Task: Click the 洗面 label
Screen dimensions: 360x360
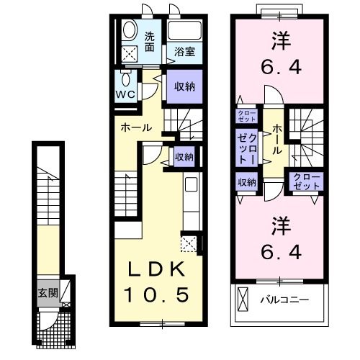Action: point(150,42)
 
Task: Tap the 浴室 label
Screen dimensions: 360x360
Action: point(184,52)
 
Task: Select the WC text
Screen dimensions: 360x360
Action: point(127,94)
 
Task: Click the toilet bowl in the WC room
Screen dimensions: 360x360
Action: point(127,78)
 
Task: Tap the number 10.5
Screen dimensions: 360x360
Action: point(159,294)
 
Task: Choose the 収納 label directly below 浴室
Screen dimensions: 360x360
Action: point(184,86)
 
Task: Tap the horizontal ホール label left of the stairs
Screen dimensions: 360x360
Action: point(135,127)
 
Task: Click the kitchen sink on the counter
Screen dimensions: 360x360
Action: point(191,184)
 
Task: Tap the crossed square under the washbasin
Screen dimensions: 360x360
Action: point(130,53)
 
